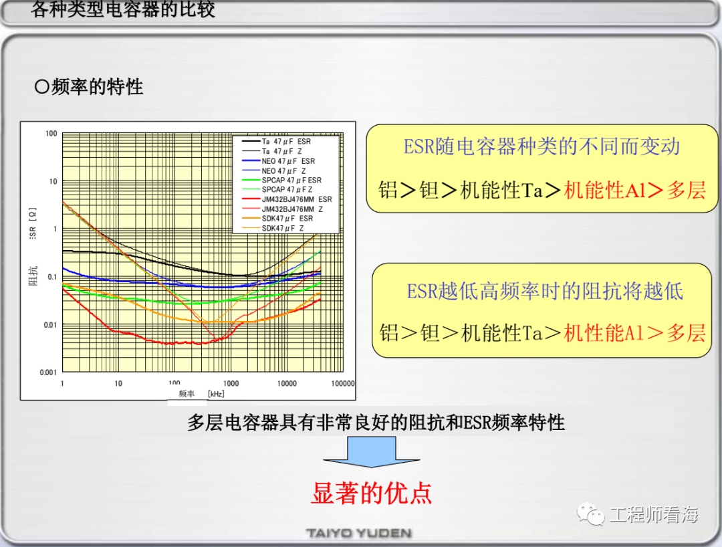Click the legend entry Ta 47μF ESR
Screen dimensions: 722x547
276,141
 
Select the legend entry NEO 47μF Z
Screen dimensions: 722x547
273,171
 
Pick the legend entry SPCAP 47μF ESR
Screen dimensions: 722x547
281,180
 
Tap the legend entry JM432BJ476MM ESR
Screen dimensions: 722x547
286,199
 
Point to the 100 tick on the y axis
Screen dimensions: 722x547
51,134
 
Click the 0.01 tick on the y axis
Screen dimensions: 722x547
51,325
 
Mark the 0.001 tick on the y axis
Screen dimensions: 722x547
48,372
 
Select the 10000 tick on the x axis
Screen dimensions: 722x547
287,384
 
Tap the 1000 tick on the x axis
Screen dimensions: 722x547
231,384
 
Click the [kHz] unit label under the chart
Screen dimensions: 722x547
216,394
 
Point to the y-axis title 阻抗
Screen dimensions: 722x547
33,276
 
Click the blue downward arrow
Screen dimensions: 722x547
372,452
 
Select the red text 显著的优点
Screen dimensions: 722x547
372,493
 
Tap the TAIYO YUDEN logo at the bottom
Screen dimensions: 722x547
359,533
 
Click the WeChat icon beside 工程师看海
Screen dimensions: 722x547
591,514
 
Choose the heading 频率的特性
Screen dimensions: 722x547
89,86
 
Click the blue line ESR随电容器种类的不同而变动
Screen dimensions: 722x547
542,146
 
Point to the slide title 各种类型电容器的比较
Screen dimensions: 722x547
123,9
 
